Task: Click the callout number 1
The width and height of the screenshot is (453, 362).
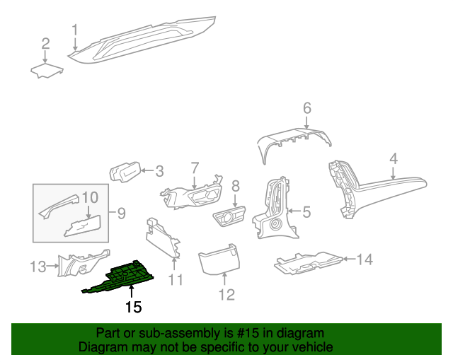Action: coord(74,30)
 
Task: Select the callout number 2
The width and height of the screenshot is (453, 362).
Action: coord(45,44)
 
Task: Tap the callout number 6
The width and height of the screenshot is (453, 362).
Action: coord(307,108)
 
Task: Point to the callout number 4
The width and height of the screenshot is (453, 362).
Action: coord(394,158)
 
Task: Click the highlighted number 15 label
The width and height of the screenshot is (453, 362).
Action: coord(134,307)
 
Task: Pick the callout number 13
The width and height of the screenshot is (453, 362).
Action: coord(37,267)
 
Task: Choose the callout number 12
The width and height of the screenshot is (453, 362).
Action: coord(226,295)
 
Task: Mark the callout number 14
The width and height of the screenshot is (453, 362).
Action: coord(364,259)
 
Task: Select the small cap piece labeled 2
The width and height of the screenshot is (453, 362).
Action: coord(47,70)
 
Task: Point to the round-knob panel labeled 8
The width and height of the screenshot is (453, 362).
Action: coord(229,216)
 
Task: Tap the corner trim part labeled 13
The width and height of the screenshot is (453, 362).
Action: coord(84,264)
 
